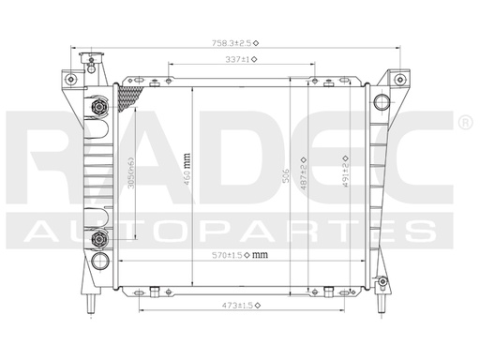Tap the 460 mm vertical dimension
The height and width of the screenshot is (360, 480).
point(199,168)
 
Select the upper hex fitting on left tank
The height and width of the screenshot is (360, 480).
point(100,110)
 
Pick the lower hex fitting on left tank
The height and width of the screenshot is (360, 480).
point(100,240)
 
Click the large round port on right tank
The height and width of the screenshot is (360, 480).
point(381,102)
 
